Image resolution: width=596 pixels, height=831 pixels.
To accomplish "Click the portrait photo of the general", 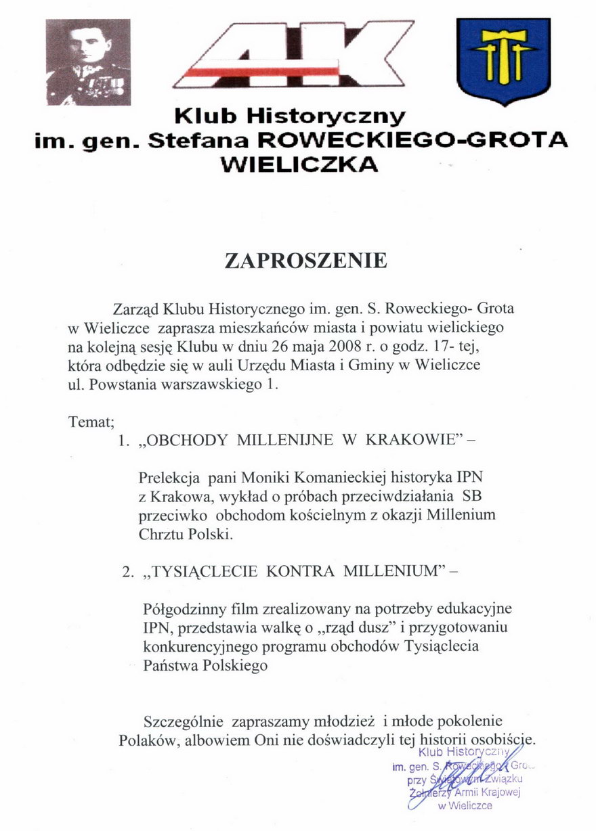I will (88, 62).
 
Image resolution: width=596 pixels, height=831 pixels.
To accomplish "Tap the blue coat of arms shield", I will (503, 60).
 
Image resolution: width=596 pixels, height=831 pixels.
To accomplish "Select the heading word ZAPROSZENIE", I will (306, 261).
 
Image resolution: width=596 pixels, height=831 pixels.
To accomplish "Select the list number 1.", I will (123, 441).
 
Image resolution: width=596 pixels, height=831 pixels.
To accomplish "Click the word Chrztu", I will (161, 533).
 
